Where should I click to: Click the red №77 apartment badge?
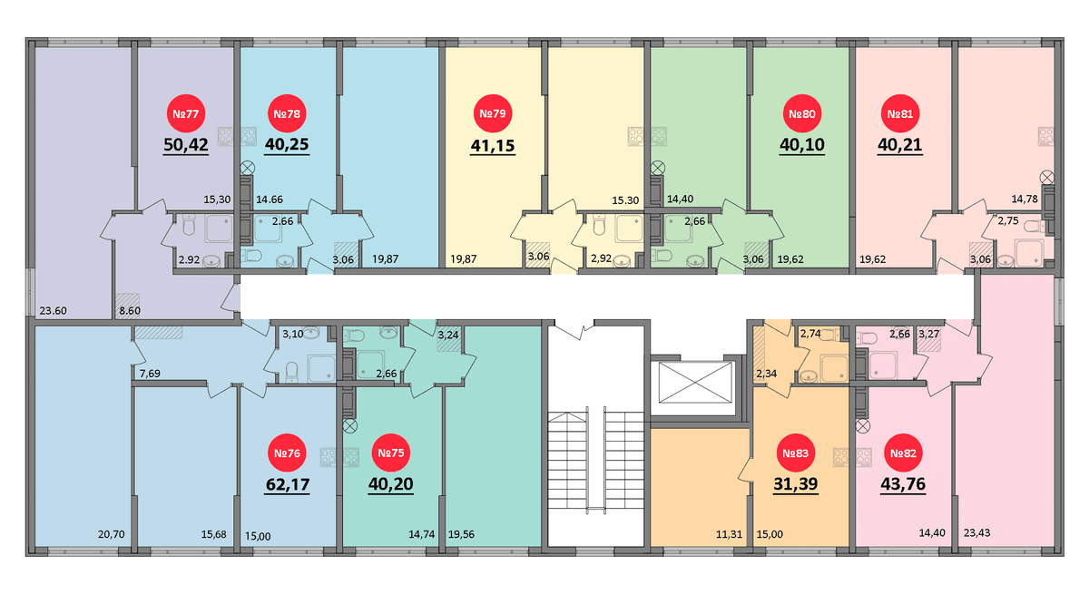186,113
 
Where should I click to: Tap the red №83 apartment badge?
795,453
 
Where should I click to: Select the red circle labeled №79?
493,113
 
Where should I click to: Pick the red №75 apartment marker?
391,453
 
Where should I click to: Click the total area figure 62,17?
288,484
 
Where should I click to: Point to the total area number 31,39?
795,484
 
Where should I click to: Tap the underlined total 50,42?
186,145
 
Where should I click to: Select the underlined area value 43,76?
903,484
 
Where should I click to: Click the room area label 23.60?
53,311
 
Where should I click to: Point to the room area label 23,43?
976,533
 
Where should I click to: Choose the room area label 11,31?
729,534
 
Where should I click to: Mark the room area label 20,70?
112,534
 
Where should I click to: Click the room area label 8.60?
130,311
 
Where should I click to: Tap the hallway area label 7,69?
150,374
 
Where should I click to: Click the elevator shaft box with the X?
695,382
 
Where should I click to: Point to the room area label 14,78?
1025,199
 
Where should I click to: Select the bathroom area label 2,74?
810,333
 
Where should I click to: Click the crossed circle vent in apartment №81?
1046,177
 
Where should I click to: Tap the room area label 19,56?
461,534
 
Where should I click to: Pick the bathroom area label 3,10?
292,334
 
